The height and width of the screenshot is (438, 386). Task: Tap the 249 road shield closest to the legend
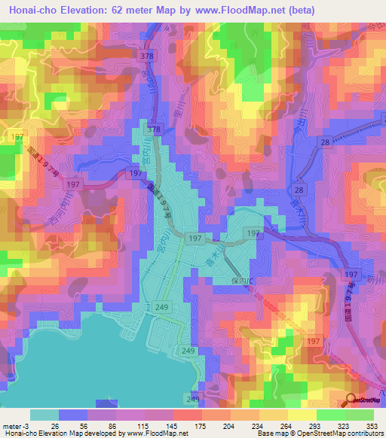[194, 398]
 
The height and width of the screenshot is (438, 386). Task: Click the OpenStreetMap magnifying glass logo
[352, 400]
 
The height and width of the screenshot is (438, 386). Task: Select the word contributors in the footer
[363, 433]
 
